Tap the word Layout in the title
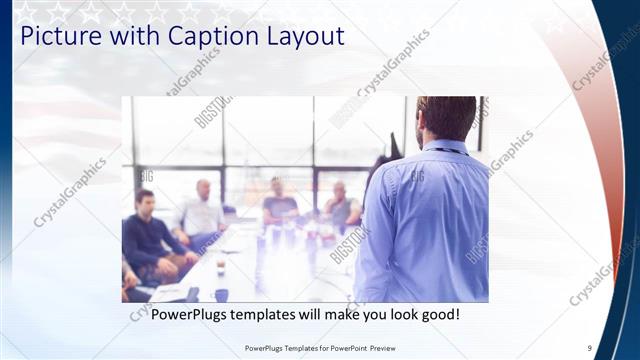pos(299,37)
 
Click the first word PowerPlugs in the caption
pos(190,315)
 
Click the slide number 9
pos(589,348)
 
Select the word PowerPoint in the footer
pos(353,348)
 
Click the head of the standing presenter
pos(446,118)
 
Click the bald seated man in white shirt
pos(203,210)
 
